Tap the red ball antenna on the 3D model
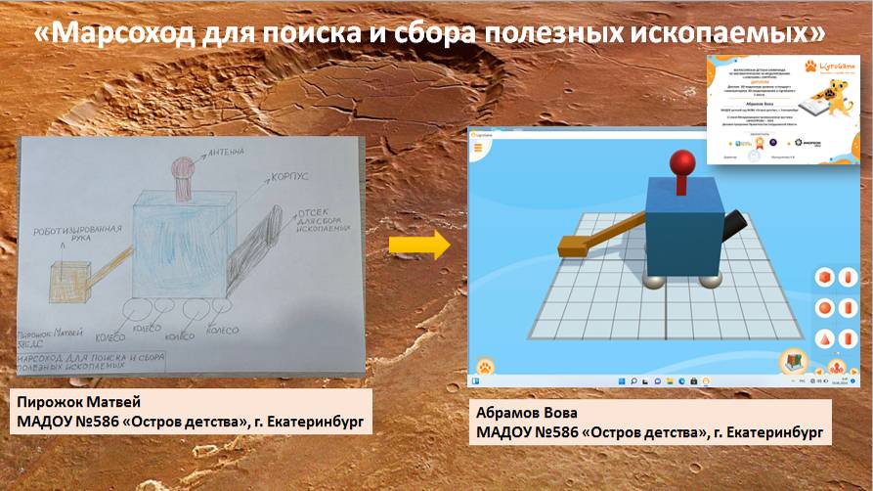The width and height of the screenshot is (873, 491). coord(680,162)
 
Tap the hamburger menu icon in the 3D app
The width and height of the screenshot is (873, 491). coord(479,148)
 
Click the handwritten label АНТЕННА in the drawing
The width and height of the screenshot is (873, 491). coord(228,149)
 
